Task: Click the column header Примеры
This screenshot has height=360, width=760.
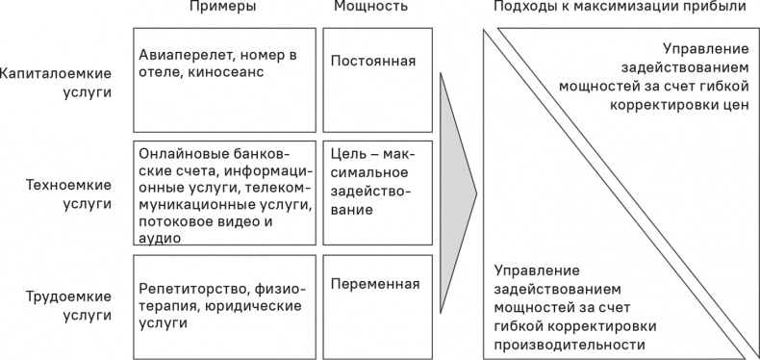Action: click(x=223, y=8)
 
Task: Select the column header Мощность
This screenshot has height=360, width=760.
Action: click(x=370, y=8)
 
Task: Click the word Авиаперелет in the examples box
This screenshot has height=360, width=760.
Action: click(x=183, y=54)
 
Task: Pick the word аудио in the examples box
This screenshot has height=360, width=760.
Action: click(x=159, y=238)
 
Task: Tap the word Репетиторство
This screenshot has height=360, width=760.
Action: click(x=192, y=289)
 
